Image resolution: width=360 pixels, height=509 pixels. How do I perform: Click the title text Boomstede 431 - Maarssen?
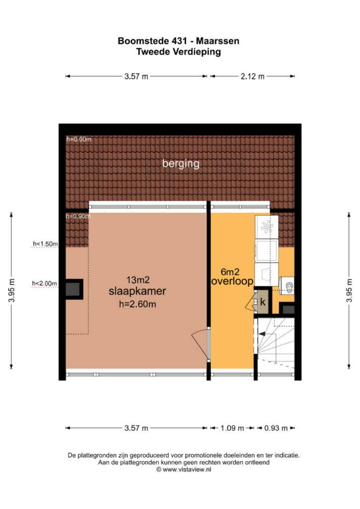point(179,41)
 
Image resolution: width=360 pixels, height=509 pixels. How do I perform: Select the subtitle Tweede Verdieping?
point(179,52)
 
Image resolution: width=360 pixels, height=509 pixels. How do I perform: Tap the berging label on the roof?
point(181,164)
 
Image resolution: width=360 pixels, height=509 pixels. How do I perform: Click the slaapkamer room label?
point(137,291)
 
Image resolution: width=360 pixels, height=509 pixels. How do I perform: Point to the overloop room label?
point(232,281)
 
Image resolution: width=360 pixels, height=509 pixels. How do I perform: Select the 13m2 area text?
point(138,280)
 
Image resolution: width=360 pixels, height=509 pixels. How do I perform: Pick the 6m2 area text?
point(230,271)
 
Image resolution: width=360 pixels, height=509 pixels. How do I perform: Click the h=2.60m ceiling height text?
point(137,304)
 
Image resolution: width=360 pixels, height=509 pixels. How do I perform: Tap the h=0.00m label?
point(79,139)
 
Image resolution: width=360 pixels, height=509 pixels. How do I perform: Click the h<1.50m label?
point(45,244)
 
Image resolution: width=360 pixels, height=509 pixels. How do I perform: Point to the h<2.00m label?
point(44,283)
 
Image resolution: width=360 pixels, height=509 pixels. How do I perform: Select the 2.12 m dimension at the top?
point(253,76)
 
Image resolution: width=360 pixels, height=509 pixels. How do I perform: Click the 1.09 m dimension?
point(232,428)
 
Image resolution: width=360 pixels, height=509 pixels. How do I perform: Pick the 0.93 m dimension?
point(276,428)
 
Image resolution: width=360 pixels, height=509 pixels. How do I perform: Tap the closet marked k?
point(263,302)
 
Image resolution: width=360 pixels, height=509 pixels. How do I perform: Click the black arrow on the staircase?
point(262,334)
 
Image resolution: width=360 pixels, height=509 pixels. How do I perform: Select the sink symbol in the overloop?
point(286,286)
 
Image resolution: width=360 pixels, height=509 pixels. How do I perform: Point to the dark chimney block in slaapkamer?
point(74,289)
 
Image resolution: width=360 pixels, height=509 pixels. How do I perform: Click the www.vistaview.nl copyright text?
point(184,469)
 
